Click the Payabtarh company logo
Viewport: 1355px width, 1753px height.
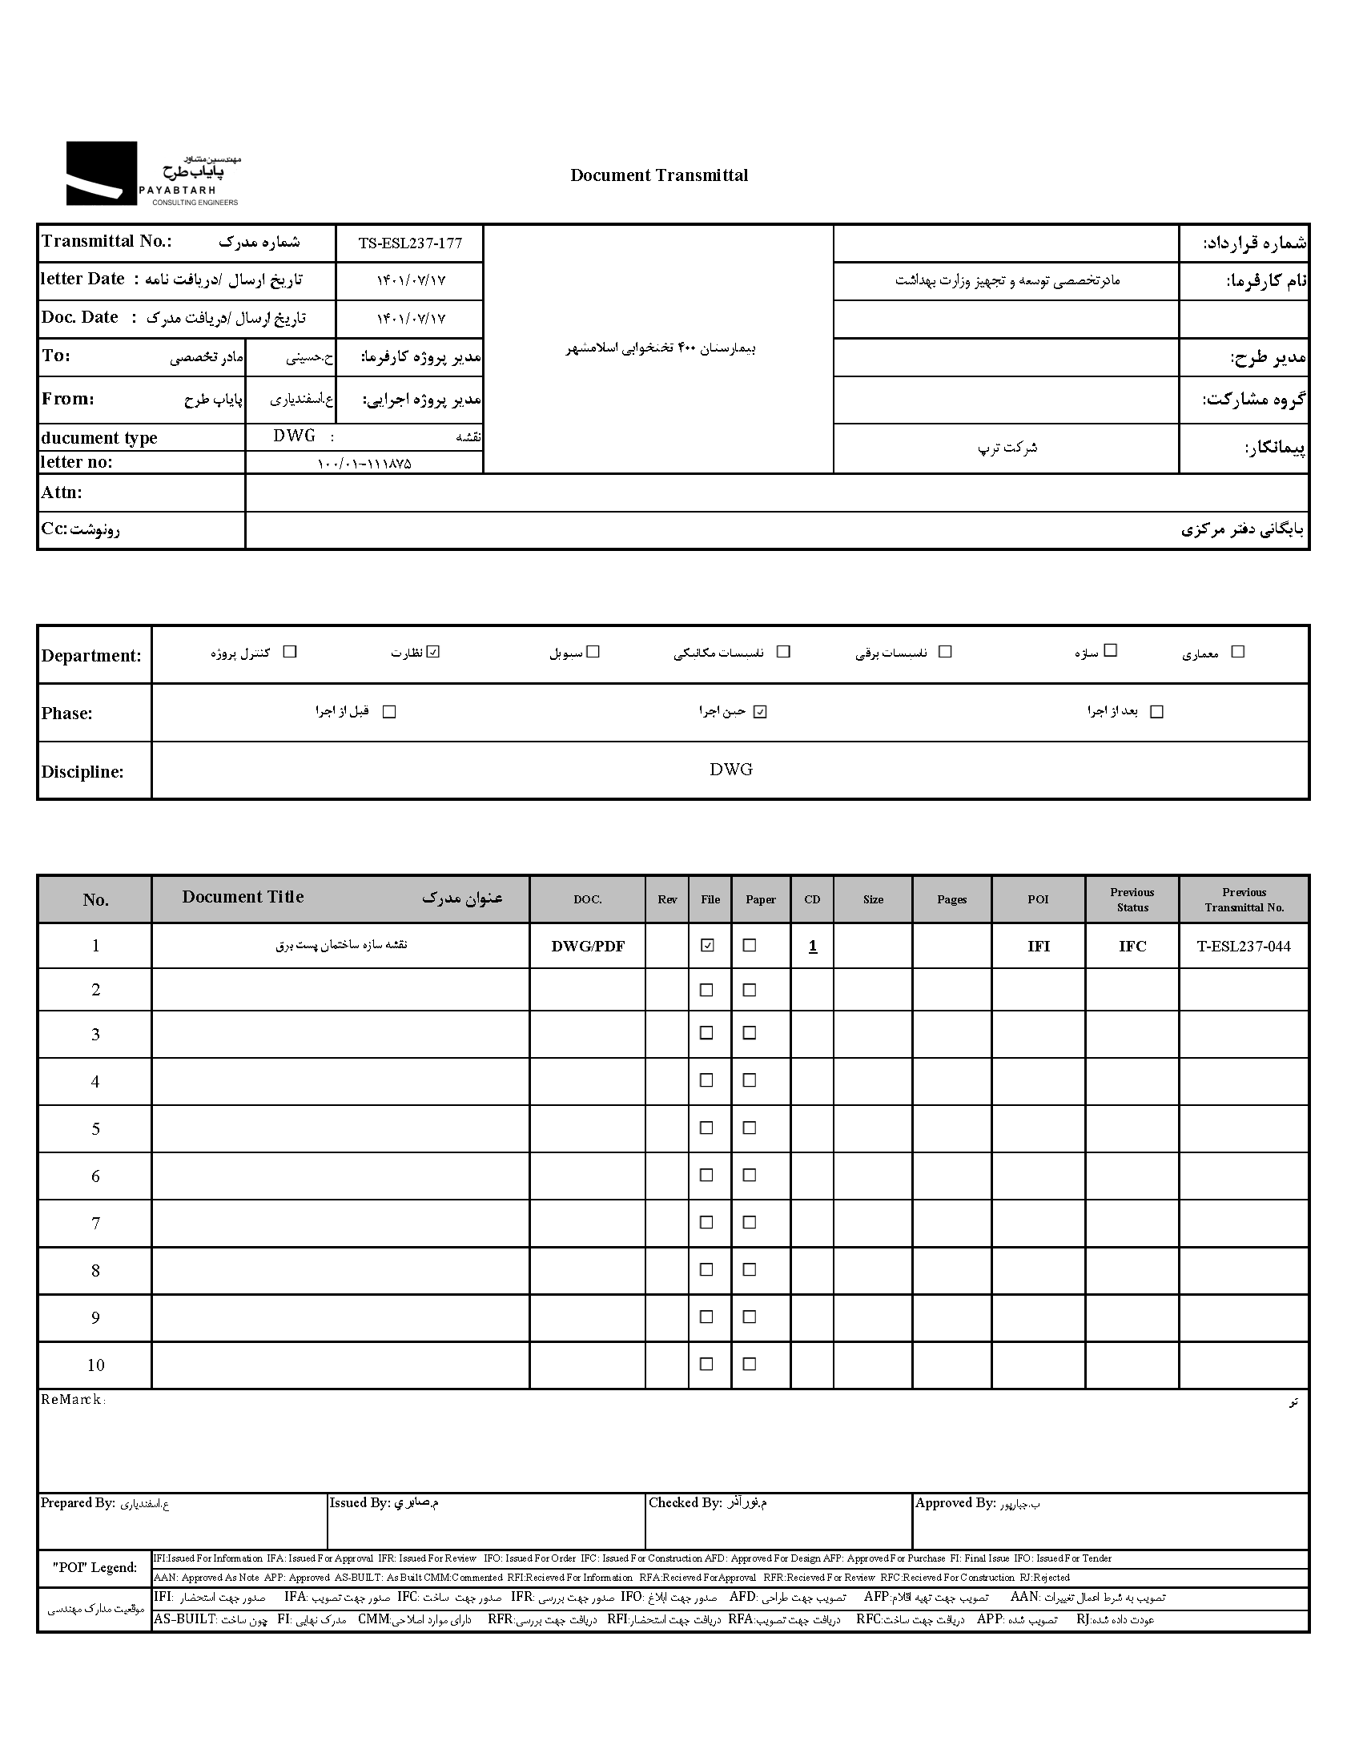tap(152, 174)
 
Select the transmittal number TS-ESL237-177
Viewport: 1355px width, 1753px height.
tap(409, 243)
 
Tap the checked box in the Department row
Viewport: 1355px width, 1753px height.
tap(433, 652)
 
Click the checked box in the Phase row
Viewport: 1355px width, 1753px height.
tap(760, 711)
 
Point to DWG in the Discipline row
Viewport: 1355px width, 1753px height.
tap(730, 770)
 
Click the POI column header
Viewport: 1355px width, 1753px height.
tap(1038, 899)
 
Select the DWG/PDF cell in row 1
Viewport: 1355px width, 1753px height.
tap(587, 947)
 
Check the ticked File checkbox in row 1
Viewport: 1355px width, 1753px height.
tap(707, 946)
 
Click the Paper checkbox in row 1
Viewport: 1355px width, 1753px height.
tap(750, 946)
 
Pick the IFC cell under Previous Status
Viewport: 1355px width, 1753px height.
tap(1132, 947)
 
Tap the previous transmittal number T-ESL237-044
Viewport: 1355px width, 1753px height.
tap(1244, 947)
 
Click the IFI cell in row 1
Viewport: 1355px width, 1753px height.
tap(1038, 947)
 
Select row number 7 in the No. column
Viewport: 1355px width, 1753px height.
tap(95, 1223)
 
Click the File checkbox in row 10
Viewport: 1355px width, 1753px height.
tap(707, 1364)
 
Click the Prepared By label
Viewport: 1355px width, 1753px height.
tap(78, 1503)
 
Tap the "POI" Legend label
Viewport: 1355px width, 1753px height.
tap(94, 1567)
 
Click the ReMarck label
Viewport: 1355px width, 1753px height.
tap(72, 1399)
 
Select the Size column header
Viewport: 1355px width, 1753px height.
tap(873, 899)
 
